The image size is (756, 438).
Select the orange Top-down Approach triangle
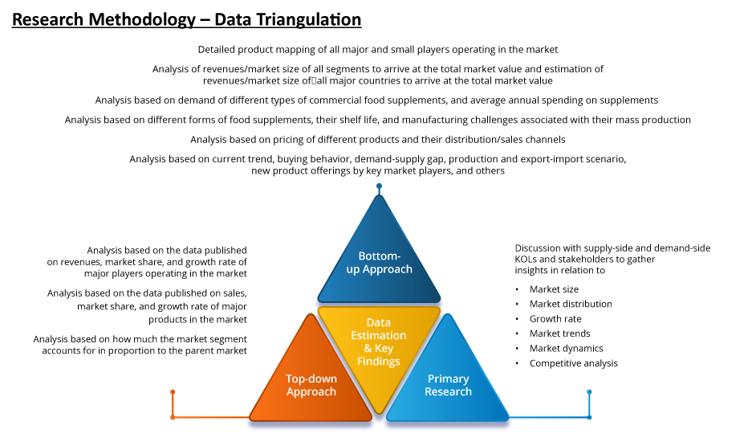(311, 382)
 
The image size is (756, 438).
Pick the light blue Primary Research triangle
(448, 382)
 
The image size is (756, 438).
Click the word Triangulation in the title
(288, 20)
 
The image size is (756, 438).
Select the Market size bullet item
(554, 289)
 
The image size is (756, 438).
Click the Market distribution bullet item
(571, 304)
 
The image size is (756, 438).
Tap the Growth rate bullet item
(555, 319)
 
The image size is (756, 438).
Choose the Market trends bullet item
(559, 334)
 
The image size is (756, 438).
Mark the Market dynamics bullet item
(566, 348)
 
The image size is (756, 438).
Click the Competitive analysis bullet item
(573, 363)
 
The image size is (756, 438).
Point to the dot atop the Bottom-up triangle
(379, 186)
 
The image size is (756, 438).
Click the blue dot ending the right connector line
(589, 392)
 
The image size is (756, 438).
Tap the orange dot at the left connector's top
(173, 392)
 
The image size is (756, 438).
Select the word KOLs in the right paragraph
(526, 260)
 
